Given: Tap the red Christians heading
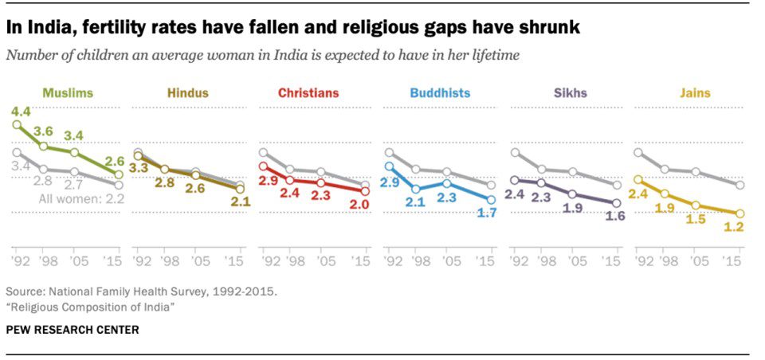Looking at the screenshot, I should [309, 93].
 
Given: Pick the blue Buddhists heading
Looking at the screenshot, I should [440, 93].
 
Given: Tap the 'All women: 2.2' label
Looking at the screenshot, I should [82, 199].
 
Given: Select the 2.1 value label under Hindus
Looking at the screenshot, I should [241, 202].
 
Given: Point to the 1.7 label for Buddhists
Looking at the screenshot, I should [486, 213].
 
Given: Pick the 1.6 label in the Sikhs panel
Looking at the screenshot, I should [614, 216].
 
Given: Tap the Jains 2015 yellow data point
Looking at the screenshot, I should [740, 213].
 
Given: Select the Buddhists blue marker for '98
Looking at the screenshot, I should [416, 189].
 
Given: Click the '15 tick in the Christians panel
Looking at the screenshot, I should [363, 261].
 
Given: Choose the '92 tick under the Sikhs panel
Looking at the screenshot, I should [516, 261].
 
